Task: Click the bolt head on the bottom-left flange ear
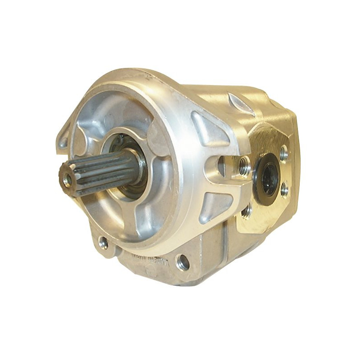coord(103,243)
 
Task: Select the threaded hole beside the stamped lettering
coord(183,261)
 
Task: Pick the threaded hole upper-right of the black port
coord(283,154)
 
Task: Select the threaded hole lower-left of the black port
coord(247,212)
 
